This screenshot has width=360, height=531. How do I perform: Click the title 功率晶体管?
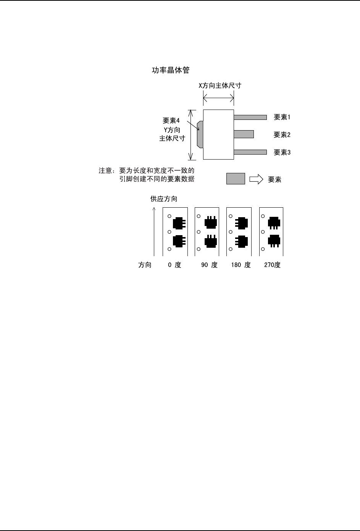coord(171,70)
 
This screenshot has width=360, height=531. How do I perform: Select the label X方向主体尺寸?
coord(220,86)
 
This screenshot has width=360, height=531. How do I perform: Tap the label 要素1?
coord(282,117)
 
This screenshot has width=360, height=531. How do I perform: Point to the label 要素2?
coord(282,135)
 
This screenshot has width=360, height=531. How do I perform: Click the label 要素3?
coord(282,152)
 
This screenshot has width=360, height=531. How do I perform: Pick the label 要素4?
coord(171,121)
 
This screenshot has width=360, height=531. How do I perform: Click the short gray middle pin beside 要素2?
coord(244,134)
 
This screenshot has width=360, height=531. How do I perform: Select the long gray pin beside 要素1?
coord(250,117)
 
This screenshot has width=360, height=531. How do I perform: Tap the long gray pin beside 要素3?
coord(250,152)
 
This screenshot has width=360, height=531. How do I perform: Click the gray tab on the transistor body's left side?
coord(200,134)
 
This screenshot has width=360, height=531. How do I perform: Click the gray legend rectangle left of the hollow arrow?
coord(236,179)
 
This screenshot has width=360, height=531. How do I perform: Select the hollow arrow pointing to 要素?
coord(256,179)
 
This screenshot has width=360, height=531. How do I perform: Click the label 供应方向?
coord(164,199)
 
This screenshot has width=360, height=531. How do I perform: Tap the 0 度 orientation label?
coord(174,265)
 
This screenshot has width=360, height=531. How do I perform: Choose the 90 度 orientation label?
coord(209,265)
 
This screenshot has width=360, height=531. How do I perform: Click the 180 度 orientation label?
coord(241,265)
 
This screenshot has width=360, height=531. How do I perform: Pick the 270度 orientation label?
coord(272,265)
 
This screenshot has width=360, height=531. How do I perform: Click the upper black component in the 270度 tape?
coord(274,222)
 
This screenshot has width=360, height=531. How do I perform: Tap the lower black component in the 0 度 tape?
coord(179,240)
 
